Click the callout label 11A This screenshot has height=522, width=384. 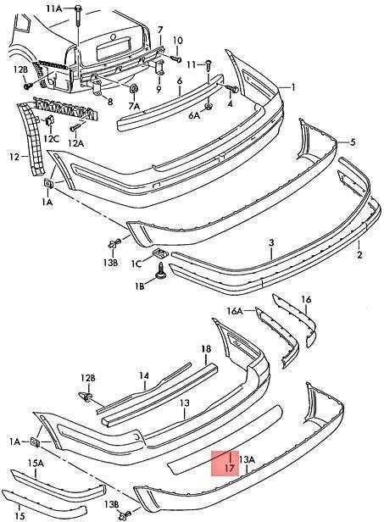click(x=54, y=8)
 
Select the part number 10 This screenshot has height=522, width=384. click(x=178, y=41)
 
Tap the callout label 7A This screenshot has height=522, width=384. click(x=134, y=106)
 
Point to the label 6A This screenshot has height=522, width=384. click(x=194, y=115)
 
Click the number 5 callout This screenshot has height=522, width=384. click(x=353, y=142)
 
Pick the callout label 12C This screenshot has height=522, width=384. click(x=52, y=138)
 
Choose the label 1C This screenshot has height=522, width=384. click(x=136, y=264)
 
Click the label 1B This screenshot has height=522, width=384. click(x=140, y=286)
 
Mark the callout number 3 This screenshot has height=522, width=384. click(x=271, y=242)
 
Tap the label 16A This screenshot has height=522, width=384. click(x=235, y=311)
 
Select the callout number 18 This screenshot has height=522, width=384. click(x=206, y=349)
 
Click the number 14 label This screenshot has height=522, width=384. click(x=144, y=376)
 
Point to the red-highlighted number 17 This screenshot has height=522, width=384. click(x=230, y=468)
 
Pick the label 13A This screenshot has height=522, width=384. click(x=247, y=460)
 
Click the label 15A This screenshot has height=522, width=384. click(x=36, y=463)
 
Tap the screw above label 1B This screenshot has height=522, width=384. click(x=161, y=270)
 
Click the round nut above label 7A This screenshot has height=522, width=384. click(x=134, y=88)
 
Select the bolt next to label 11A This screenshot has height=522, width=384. click(x=78, y=14)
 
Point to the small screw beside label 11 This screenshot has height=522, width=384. click(x=209, y=65)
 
